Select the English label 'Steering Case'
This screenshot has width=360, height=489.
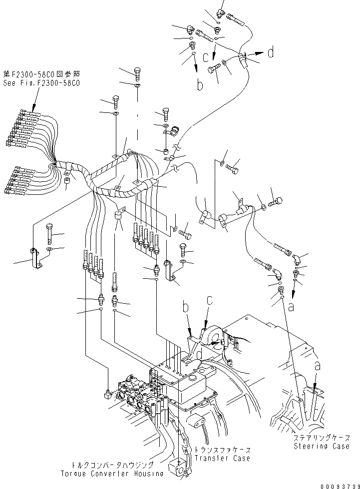click(321, 446)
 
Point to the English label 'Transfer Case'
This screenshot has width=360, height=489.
click(222, 458)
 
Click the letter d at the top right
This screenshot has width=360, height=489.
click(271, 52)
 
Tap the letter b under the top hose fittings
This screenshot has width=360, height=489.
click(200, 85)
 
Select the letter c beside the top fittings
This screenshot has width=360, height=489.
click(206, 58)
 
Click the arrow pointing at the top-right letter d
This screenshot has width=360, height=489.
click(256, 53)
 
